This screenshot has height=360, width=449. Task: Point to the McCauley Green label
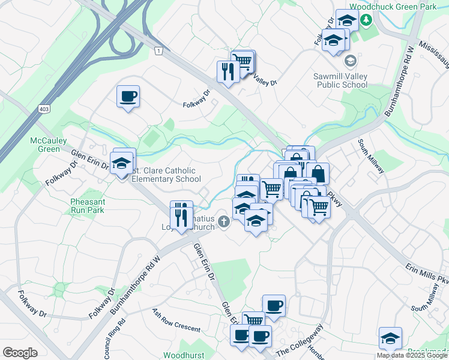click(45, 145)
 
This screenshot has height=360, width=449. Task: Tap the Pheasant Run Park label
click(87, 206)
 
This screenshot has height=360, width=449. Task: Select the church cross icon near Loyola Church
click(224, 222)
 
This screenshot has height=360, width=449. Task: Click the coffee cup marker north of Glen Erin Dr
click(128, 97)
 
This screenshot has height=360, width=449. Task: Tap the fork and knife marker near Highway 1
click(228, 72)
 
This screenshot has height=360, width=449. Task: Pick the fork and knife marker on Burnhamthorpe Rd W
click(181, 213)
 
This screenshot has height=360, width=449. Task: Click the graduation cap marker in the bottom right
click(390, 338)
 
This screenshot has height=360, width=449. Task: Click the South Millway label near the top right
click(371, 155)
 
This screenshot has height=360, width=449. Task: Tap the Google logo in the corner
click(20, 353)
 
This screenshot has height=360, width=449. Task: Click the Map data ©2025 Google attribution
click(412, 355)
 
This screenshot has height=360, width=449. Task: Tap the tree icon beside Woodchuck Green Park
click(366, 19)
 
